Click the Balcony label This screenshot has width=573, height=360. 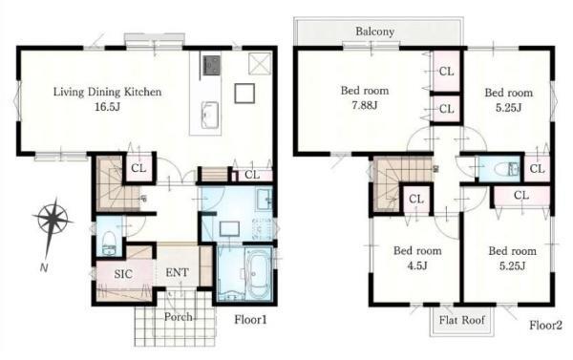(x=375, y=32)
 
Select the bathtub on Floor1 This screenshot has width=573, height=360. (x=258, y=273)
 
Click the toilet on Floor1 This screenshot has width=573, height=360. (x=109, y=243)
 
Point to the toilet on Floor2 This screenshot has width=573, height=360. (x=506, y=169)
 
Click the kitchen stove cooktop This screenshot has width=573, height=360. (x=212, y=66)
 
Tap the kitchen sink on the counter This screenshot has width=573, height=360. (x=210, y=115)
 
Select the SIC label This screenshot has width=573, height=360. (x=123, y=274)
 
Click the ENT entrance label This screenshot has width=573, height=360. (x=178, y=272)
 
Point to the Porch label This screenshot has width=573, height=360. (x=178, y=316)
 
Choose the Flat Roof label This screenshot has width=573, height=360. (x=462, y=320)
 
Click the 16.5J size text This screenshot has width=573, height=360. (x=107, y=107)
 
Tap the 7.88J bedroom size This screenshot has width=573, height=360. (x=365, y=106)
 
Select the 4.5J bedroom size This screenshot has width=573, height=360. (x=417, y=265)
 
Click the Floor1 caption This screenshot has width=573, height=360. (x=250, y=320)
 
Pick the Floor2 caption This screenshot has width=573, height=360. (x=546, y=325)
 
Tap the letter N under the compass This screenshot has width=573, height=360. (x=44, y=268)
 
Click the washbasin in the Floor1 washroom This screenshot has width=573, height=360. (x=264, y=200)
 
